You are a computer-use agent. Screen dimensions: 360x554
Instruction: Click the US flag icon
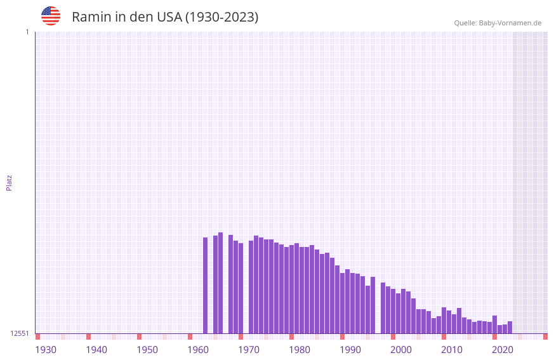tap(51, 16)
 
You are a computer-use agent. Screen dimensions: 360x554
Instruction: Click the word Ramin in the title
tap(91, 17)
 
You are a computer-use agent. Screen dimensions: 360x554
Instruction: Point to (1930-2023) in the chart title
tap(221, 17)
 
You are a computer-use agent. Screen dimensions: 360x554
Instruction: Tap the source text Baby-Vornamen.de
tap(510, 23)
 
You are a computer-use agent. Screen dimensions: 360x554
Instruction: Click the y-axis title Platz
tap(9, 182)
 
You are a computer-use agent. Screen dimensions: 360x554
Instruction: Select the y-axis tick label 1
tap(27, 32)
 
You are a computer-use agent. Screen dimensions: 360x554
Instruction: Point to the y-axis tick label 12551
tap(20, 333)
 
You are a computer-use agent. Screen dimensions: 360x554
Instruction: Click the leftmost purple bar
tap(205, 285)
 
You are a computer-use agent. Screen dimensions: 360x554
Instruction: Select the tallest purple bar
tap(220, 283)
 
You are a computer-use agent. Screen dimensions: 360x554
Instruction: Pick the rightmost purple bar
tap(510, 327)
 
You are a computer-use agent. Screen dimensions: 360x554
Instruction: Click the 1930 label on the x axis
tap(46, 350)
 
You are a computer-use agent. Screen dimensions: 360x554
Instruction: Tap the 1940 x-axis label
tap(96, 350)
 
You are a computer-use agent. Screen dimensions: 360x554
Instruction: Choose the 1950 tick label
tap(147, 350)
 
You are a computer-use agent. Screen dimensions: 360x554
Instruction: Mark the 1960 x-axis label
tap(198, 350)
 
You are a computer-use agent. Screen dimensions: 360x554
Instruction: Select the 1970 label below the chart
tap(249, 350)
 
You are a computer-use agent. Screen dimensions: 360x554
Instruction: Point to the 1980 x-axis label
tap(300, 350)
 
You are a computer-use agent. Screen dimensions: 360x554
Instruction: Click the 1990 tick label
tap(350, 350)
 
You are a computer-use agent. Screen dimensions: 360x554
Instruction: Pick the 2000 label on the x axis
tap(401, 350)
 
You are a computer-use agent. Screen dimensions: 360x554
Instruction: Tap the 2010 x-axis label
tap(452, 350)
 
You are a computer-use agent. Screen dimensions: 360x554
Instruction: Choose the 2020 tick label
tap(503, 350)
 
